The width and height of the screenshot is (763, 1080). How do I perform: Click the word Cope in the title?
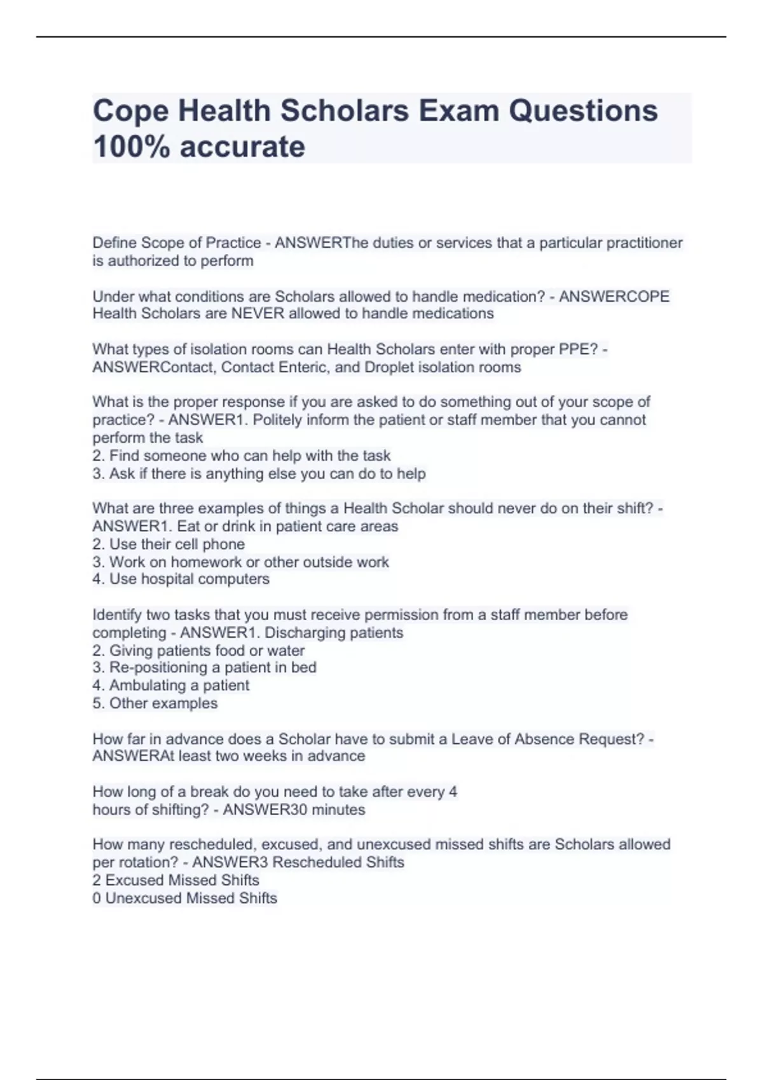pyautogui.click(x=130, y=111)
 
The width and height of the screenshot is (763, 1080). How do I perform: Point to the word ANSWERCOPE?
pyautogui.click(x=614, y=296)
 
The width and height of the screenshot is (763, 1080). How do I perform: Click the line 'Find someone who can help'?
pyautogui.click(x=242, y=456)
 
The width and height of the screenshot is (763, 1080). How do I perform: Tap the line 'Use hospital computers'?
pyautogui.click(x=181, y=579)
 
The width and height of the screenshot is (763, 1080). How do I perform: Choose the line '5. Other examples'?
pyautogui.click(x=155, y=703)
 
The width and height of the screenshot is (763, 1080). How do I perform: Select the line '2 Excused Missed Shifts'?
pyautogui.click(x=175, y=880)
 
